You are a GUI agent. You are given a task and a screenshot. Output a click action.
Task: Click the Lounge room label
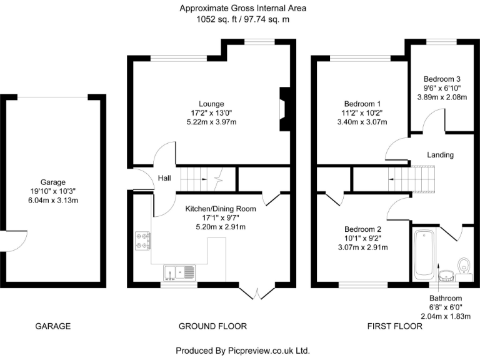coord(211,103)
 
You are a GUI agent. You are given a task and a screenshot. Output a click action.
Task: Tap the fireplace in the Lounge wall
coord(285,109)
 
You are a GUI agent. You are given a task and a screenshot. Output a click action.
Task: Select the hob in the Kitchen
coord(142,241)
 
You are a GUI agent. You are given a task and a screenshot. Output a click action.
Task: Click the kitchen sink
coord(179,273)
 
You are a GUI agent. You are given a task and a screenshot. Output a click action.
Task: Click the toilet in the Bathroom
coord(464,266)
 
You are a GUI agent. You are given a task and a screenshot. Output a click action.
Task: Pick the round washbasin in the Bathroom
coord(446,274)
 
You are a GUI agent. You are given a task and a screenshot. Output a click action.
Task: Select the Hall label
coord(164,178)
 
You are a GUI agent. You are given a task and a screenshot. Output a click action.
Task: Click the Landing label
coord(440,155)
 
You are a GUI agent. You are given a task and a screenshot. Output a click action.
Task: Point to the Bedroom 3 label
coord(442,79)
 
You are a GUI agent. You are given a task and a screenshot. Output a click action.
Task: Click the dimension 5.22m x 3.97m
coord(211,123)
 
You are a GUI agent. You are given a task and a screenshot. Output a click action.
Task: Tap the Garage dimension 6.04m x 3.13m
coord(53,201)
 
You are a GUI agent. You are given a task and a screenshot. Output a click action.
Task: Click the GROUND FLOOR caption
coord(212,326)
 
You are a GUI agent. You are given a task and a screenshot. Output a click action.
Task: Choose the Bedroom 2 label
coord(362,229)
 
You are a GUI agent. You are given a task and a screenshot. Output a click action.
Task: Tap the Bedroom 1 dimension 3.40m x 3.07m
coord(362,123)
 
